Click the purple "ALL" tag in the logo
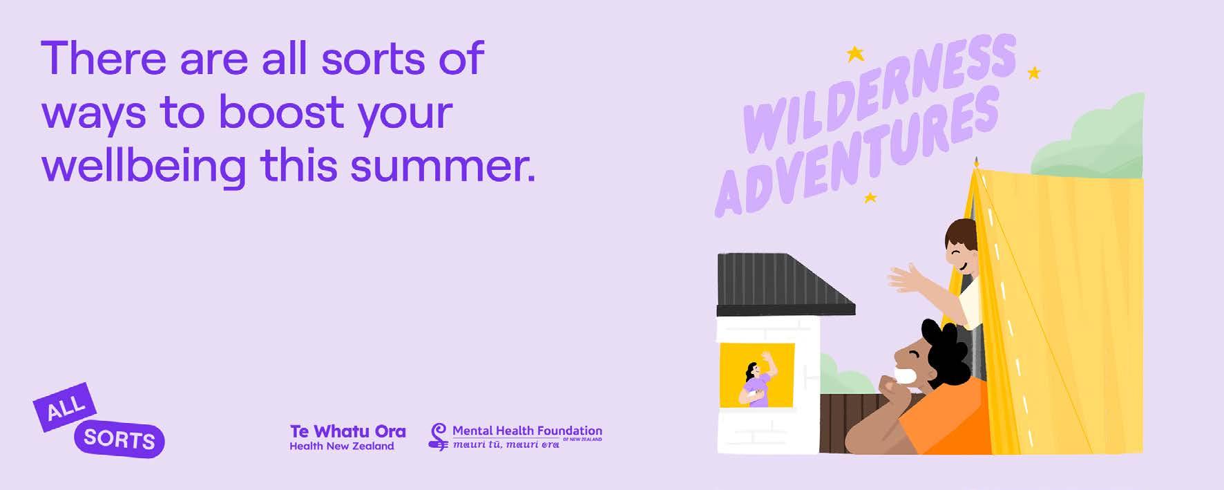click(65, 407)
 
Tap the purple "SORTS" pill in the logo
click(119, 439)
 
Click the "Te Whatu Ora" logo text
click(347, 431)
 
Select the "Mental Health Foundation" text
click(527, 431)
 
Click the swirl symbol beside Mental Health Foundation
click(438, 437)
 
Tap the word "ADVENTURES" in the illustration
click(857, 153)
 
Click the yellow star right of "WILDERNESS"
click(1033, 73)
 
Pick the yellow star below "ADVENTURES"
click(870, 198)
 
